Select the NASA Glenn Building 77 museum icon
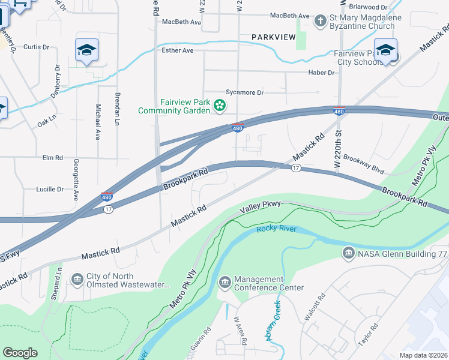click(348, 254)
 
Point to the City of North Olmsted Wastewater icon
click(77, 280)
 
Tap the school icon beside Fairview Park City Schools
click(385, 51)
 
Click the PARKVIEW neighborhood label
click(274, 37)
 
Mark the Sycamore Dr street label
click(244, 92)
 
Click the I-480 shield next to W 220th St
click(339, 111)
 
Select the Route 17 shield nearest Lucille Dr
click(108, 209)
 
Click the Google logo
click(20, 353)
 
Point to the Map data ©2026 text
click(423, 355)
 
